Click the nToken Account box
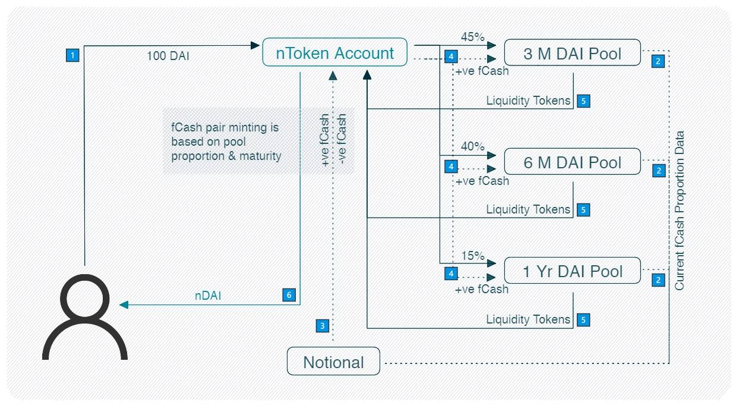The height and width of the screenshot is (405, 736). (335, 52)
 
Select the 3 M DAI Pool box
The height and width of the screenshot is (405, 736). (573, 53)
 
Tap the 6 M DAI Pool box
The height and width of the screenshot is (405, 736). (573, 162)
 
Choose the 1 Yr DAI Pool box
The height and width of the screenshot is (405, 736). (573, 271)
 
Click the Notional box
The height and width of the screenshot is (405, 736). (333, 362)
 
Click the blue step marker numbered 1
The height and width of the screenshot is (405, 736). (72, 55)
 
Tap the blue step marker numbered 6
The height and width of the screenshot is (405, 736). (289, 295)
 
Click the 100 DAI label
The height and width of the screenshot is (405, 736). (169, 56)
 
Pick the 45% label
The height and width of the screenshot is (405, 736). (473, 37)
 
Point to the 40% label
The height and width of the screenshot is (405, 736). (473, 146)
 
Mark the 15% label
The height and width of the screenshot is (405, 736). (473, 255)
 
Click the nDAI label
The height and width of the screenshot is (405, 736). (208, 296)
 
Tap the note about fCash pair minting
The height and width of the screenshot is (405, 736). (225, 142)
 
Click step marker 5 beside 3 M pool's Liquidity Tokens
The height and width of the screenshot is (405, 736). (583, 101)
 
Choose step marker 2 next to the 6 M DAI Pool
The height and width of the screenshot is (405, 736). (658, 170)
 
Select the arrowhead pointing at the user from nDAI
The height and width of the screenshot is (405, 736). (124, 305)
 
